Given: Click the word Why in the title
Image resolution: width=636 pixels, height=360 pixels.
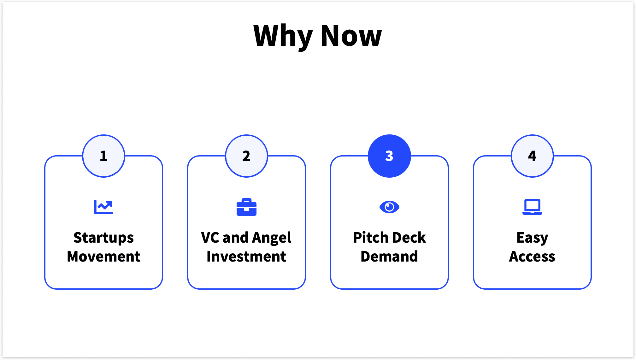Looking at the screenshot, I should pos(283,36).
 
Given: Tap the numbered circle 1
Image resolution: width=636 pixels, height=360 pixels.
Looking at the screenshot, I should pos(103,156).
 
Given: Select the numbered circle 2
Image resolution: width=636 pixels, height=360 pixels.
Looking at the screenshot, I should pos(246,156).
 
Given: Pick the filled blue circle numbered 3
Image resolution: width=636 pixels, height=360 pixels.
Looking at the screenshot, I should pos(389,156).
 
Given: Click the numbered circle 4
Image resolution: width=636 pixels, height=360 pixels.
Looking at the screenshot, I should pos(532,156).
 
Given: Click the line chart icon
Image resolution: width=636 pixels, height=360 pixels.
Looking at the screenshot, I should pos(103,207).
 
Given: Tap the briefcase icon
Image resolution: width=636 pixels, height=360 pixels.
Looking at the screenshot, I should pos(246,207).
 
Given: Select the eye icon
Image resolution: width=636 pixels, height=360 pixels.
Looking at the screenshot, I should pos(389,207).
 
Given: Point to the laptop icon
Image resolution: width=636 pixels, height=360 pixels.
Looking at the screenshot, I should pos(532,207).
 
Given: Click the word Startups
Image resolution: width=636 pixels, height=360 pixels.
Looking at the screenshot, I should pos(103,238).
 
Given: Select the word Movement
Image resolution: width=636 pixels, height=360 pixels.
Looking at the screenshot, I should pos(103,257).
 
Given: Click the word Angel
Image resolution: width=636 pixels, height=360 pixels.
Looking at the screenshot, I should pos(272,238).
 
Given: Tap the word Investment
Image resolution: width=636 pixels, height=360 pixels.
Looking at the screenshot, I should pos(246,257).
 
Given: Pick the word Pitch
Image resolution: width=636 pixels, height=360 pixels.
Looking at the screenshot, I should pos(370,238).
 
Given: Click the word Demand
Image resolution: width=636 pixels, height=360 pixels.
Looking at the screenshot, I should pos(389,257).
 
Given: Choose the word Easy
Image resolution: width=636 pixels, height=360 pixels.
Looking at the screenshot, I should pos(532,238).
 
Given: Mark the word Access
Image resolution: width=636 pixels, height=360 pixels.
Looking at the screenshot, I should pos(532,257).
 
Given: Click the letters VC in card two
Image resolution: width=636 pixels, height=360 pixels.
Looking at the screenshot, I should pos(210,238).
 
